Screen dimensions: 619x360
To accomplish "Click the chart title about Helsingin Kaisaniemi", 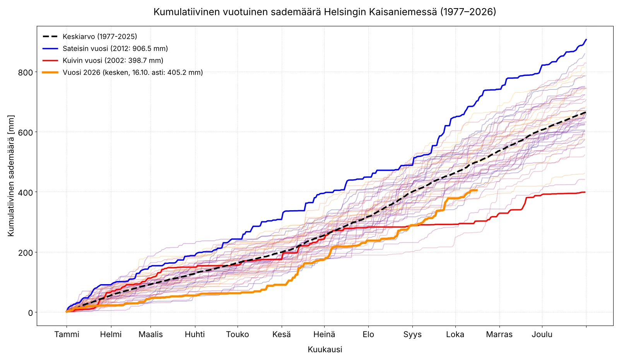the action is click(325, 12).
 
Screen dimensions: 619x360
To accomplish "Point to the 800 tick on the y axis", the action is click(26, 72).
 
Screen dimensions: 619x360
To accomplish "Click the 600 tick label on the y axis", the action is click(26, 132).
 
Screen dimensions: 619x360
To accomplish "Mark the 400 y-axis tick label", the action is click(26, 192).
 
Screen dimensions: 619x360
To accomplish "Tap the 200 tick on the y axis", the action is click(26, 252).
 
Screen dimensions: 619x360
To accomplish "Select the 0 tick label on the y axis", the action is click(31, 313).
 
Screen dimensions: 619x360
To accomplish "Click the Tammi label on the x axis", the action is click(67, 334).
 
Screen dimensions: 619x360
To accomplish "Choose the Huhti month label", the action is click(195, 334).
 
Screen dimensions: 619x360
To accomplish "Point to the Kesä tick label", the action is click(282, 334).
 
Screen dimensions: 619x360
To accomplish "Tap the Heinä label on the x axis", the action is click(324, 334).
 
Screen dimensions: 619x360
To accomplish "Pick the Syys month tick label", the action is click(412, 334).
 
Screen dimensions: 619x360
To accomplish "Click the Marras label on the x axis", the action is click(499, 334).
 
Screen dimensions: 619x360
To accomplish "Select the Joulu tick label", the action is click(542, 334).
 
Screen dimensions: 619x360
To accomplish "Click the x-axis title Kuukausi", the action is click(325, 349).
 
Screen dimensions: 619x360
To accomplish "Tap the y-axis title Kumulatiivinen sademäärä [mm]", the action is click(11, 176).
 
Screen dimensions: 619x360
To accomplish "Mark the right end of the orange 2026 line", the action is click(477, 190).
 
